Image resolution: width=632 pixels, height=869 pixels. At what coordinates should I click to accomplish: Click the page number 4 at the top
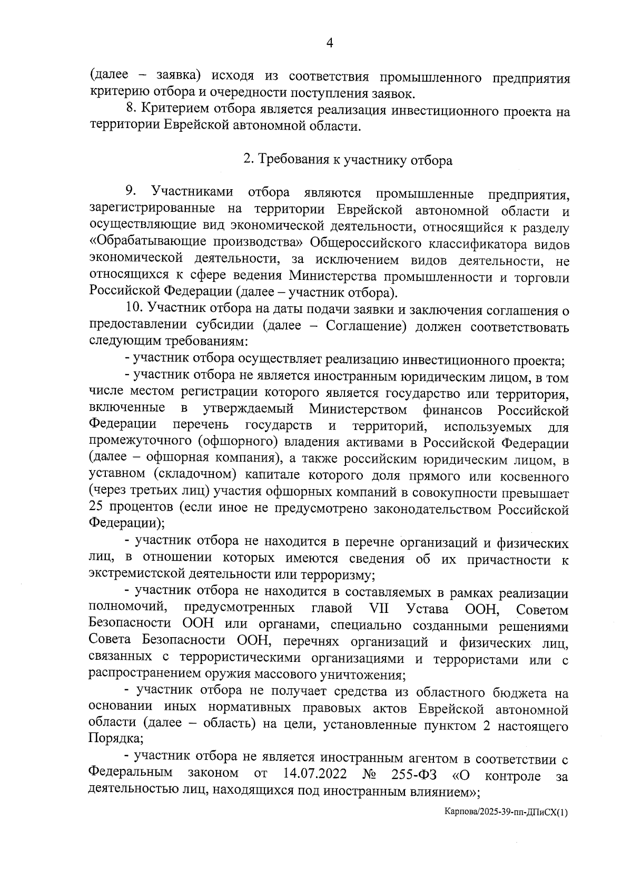(x=330, y=44)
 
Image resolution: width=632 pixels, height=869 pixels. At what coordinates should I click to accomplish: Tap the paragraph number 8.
(x=131, y=110)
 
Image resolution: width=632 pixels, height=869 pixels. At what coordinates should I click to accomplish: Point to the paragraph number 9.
(x=131, y=190)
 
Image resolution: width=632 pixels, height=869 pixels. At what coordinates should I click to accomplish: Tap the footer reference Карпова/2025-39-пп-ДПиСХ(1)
(x=506, y=826)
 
